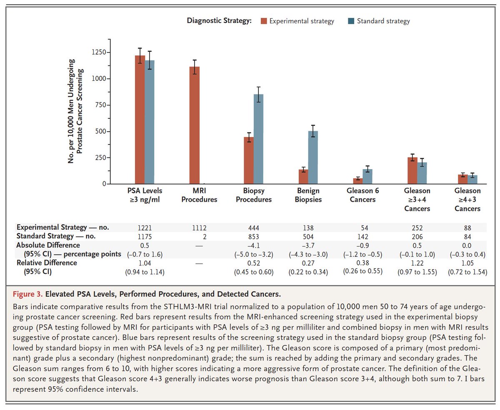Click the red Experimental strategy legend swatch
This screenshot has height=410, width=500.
(264, 21)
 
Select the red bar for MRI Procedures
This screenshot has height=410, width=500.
(195, 125)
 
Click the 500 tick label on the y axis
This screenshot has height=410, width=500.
(100, 131)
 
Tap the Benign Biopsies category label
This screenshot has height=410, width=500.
(309, 195)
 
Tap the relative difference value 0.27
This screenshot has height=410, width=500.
(309, 263)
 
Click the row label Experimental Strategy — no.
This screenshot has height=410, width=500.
(62, 227)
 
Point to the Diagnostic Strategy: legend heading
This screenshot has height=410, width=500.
(219, 21)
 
